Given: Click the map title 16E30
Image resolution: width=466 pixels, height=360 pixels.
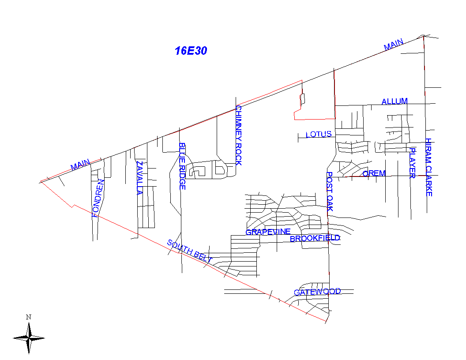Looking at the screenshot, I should (191, 51).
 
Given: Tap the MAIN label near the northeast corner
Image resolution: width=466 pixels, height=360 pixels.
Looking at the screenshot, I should (393, 45).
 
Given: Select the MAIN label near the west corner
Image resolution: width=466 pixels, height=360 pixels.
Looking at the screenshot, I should (80, 165).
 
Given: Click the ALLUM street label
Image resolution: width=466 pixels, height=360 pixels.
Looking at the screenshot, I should (395, 101).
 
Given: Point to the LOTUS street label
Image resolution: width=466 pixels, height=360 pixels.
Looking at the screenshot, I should (319, 135).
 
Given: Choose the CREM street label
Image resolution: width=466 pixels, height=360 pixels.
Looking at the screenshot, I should (374, 173).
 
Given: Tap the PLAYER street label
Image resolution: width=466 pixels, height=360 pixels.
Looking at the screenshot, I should (413, 163).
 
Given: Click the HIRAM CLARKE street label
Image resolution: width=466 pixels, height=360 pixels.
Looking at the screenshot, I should (428, 167).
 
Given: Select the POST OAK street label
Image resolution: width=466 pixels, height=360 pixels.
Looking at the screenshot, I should (330, 191).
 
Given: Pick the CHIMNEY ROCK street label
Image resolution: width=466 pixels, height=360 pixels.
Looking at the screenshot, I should (238, 135).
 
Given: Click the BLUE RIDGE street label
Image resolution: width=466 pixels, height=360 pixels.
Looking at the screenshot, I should (182, 166).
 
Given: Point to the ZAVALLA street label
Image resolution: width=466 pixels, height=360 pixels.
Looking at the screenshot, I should (139, 178).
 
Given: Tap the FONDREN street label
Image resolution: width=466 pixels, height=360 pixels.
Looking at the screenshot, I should (98, 199).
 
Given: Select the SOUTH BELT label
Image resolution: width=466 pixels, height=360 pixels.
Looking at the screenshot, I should (189, 251).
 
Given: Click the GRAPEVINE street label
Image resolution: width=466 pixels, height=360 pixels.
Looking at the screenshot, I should (268, 232).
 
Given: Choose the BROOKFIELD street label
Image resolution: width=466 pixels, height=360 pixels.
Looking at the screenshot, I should (315, 239).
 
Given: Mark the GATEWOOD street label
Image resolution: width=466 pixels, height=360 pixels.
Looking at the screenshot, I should (317, 292).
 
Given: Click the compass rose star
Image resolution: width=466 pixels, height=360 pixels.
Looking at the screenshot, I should (29, 338).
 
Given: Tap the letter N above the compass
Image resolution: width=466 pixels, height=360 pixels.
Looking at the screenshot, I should (28, 317).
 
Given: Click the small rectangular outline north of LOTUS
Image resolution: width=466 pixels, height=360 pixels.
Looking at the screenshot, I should (302, 99).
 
